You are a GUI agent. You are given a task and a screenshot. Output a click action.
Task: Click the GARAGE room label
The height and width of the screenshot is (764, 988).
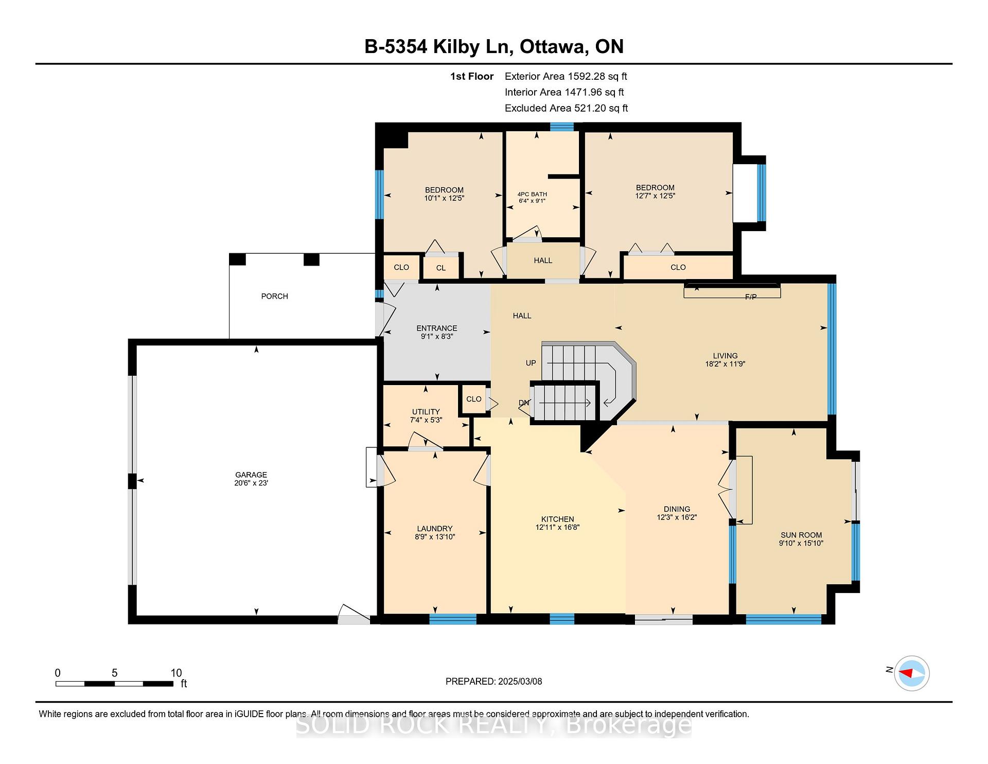coord(251,475)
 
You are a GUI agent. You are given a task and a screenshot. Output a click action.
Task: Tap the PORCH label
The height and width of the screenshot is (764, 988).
coord(274,296)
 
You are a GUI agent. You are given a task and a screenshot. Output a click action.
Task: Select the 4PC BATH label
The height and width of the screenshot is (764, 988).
coord(532,194)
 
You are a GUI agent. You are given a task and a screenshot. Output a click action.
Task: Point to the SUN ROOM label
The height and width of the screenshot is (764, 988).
coord(801,535)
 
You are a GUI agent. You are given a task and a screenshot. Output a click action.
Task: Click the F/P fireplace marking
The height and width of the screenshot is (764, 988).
coord(751,297)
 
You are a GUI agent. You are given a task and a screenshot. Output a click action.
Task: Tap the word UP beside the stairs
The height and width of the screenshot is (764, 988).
coord(531,363)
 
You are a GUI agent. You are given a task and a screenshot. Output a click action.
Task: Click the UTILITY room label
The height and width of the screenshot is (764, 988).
coord(426,411)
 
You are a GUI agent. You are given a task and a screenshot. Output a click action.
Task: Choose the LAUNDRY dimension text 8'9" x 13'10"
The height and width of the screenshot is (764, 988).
coord(435,537)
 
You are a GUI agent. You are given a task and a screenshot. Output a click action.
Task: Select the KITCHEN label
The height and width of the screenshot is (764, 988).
coord(557,519)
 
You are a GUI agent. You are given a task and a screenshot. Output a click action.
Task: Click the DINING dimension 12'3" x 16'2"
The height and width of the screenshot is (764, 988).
coord(677,517)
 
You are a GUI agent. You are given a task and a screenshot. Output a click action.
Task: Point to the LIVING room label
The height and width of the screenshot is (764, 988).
coord(725,356)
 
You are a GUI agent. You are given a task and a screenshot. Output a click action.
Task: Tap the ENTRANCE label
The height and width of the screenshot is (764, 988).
coord(436,328)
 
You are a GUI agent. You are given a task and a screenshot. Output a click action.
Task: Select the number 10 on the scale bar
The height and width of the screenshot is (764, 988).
coord(176,673)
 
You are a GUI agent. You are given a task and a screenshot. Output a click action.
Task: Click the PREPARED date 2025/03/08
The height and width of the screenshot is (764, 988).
coord(520,682)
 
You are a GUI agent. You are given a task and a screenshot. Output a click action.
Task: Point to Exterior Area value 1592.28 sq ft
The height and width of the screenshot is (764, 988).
coord(597,76)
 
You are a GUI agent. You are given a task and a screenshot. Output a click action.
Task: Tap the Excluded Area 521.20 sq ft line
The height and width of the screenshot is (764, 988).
coord(566,108)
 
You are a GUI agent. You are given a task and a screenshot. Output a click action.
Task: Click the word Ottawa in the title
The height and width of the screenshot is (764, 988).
coord(554,47)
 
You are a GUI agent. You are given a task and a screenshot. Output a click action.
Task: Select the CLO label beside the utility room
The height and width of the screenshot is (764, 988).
coord(473,399)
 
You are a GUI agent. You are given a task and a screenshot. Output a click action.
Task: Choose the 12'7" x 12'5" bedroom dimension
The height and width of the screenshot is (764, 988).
coord(655,196)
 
